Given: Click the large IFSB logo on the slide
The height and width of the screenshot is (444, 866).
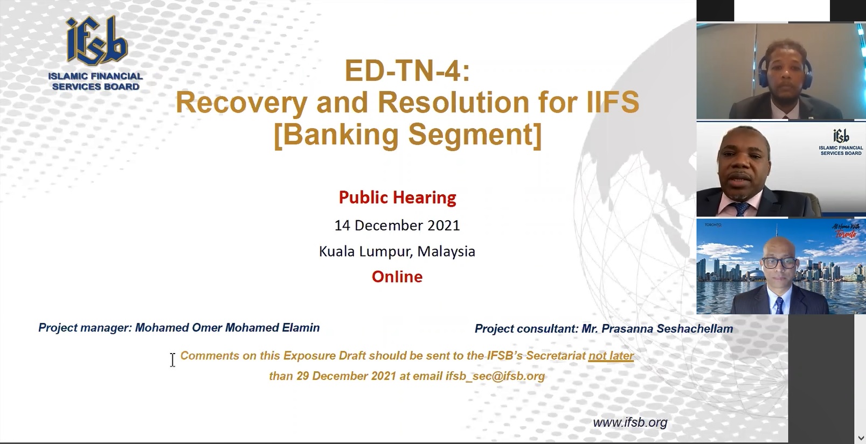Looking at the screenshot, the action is point(95,54).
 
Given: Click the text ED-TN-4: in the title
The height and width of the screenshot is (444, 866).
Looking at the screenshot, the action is point(407,71).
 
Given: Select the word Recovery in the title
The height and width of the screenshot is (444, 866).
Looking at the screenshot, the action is point(241,103).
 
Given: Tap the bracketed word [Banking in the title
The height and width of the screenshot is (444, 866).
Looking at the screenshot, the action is point(336,135).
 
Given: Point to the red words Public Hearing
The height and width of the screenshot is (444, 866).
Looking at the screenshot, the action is point(397,198).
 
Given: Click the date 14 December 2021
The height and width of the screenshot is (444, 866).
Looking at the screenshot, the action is point(397,225).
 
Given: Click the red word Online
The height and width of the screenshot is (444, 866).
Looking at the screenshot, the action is point(397,277).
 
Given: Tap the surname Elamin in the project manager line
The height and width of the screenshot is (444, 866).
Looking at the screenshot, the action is point(301,328).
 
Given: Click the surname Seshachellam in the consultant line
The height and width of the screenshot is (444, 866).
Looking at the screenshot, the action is point(695,328).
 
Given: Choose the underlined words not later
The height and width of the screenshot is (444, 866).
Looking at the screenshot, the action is point(611,356).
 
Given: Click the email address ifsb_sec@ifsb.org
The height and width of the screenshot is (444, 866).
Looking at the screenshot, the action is point(495,376).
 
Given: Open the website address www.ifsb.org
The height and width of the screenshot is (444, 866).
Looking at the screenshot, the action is point(630,422).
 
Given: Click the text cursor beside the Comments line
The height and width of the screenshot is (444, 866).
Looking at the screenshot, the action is point(172,360).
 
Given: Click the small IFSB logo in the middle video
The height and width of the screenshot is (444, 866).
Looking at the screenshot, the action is point(841,142).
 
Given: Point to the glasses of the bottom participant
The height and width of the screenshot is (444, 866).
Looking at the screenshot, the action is point(779,263).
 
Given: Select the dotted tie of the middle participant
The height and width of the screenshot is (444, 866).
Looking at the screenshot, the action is point(742,208).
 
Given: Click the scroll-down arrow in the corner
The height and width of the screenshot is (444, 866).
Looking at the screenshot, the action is point(861,438).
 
